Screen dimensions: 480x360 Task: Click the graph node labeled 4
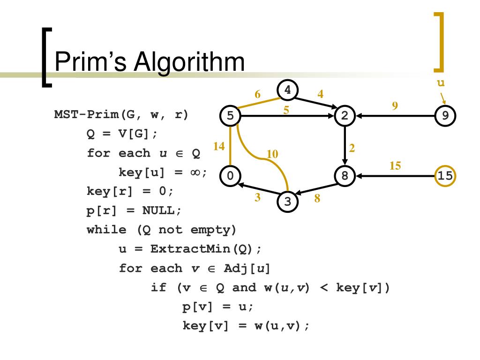click(x=288, y=90)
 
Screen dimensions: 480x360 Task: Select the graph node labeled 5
click(x=230, y=116)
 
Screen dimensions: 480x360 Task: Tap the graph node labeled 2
click(x=345, y=116)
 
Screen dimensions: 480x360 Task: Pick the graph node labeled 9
click(x=445, y=116)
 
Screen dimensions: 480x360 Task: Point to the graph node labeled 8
click(x=345, y=176)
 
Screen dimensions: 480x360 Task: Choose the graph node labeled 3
click(x=288, y=202)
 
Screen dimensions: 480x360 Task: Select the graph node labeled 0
click(x=230, y=176)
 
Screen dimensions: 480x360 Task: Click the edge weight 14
click(x=219, y=146)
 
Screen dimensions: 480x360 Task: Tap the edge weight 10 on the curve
click(x=272, y=154)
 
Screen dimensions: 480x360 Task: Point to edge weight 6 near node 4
click(x=258, y=94)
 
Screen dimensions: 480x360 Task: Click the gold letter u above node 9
click(x=440, y=83)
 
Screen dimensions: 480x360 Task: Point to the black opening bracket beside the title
click(x=45, y=57)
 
